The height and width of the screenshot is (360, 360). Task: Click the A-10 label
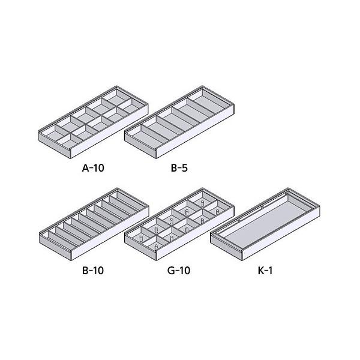[x=93, y=168]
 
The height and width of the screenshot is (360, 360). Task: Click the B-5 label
[x=179, y=168]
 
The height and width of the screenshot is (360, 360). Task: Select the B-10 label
[x=93, y=270]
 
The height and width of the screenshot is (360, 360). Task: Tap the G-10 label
[x=179, y=270]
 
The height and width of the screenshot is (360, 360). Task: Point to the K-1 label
[x=265, y=270]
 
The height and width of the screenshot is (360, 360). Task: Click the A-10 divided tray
[x=94, y=122]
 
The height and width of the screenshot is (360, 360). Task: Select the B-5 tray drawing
[x=179, y=122]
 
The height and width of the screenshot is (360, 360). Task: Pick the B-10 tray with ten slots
[x=94, y=224]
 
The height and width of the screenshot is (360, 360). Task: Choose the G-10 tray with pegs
[x=179, y=224]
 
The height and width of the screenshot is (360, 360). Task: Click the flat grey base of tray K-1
[x=264, y=222]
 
